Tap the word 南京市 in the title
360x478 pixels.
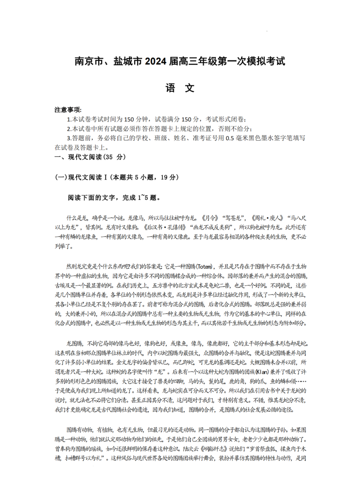[89, 61]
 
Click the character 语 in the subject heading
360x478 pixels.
[170, 88]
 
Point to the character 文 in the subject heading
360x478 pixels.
[190, 88]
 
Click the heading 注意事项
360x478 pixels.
[68, 110]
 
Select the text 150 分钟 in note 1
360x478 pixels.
[136, 119]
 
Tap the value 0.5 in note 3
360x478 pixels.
[230, 138]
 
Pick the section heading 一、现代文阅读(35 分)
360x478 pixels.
[90, 157]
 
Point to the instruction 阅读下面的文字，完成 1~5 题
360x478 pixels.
[114, 198]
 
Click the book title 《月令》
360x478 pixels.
[210, 218]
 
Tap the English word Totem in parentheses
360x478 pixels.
[204, 267]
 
